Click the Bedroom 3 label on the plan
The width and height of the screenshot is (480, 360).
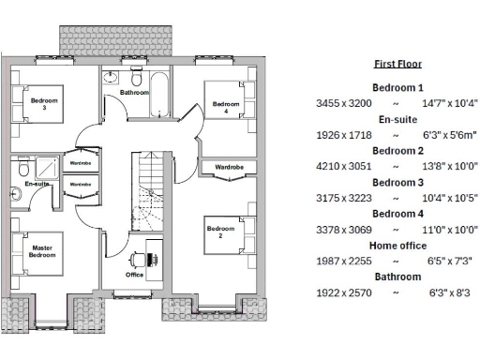tap(43, 103)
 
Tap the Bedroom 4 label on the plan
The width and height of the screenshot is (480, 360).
tap(226, 106)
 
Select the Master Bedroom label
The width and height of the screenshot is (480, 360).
tap(42, 251)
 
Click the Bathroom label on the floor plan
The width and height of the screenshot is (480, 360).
tap(135, 93)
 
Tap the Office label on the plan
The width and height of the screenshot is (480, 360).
tap(135, 275)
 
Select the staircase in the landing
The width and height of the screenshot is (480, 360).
tap(150, 197)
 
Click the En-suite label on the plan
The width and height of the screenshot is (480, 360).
tap(37, 184)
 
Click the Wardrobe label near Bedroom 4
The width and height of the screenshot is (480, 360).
tap(229, 168)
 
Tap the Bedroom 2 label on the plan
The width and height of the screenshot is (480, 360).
tap(220, 232)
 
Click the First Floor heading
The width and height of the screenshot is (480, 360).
tap(398, 64)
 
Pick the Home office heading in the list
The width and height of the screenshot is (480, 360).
tap(398, 246)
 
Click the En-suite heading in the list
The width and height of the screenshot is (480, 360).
tap(398, 119)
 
